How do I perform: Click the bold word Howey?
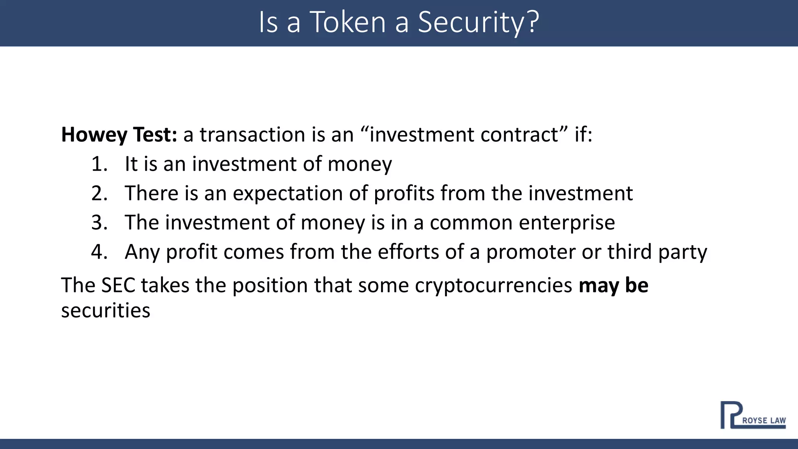[94, 135]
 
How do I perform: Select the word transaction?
[252, 135]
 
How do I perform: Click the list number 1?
[99, 164]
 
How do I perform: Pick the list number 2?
[99, 193]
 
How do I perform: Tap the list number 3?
[99, 223]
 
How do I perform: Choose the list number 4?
[99, 252]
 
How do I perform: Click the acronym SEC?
[118, 285]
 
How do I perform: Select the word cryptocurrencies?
[493, 286]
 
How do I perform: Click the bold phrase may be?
[613, 285]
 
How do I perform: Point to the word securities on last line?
[106, 311]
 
